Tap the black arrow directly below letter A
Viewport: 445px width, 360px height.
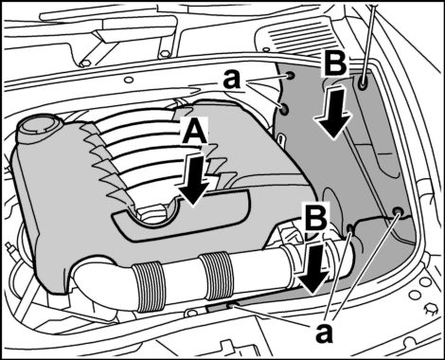193,180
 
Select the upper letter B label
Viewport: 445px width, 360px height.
335,64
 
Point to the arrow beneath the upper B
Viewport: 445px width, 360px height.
332,111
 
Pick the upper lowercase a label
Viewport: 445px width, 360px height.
232,80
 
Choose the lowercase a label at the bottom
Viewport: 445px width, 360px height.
324,333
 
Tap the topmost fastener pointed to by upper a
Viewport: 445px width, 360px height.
290,76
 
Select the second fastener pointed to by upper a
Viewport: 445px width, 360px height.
284,109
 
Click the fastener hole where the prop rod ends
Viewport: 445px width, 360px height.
363,82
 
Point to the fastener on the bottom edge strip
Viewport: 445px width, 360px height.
231,306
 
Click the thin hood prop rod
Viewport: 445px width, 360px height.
367,38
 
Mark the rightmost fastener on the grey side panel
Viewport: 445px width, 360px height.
399,211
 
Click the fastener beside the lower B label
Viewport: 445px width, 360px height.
349,228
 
